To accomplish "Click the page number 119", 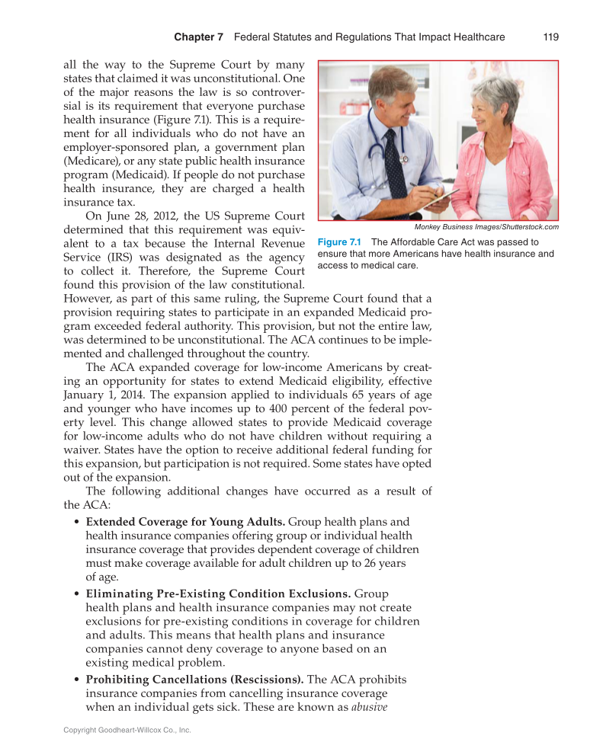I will [551, 37].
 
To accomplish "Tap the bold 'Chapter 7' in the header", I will [198, 37].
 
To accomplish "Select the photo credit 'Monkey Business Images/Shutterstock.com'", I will [486, 227].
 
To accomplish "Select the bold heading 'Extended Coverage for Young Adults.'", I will [185, 522].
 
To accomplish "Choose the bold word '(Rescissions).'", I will [267, 679].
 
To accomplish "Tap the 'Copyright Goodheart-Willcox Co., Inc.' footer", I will [127, 730].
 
